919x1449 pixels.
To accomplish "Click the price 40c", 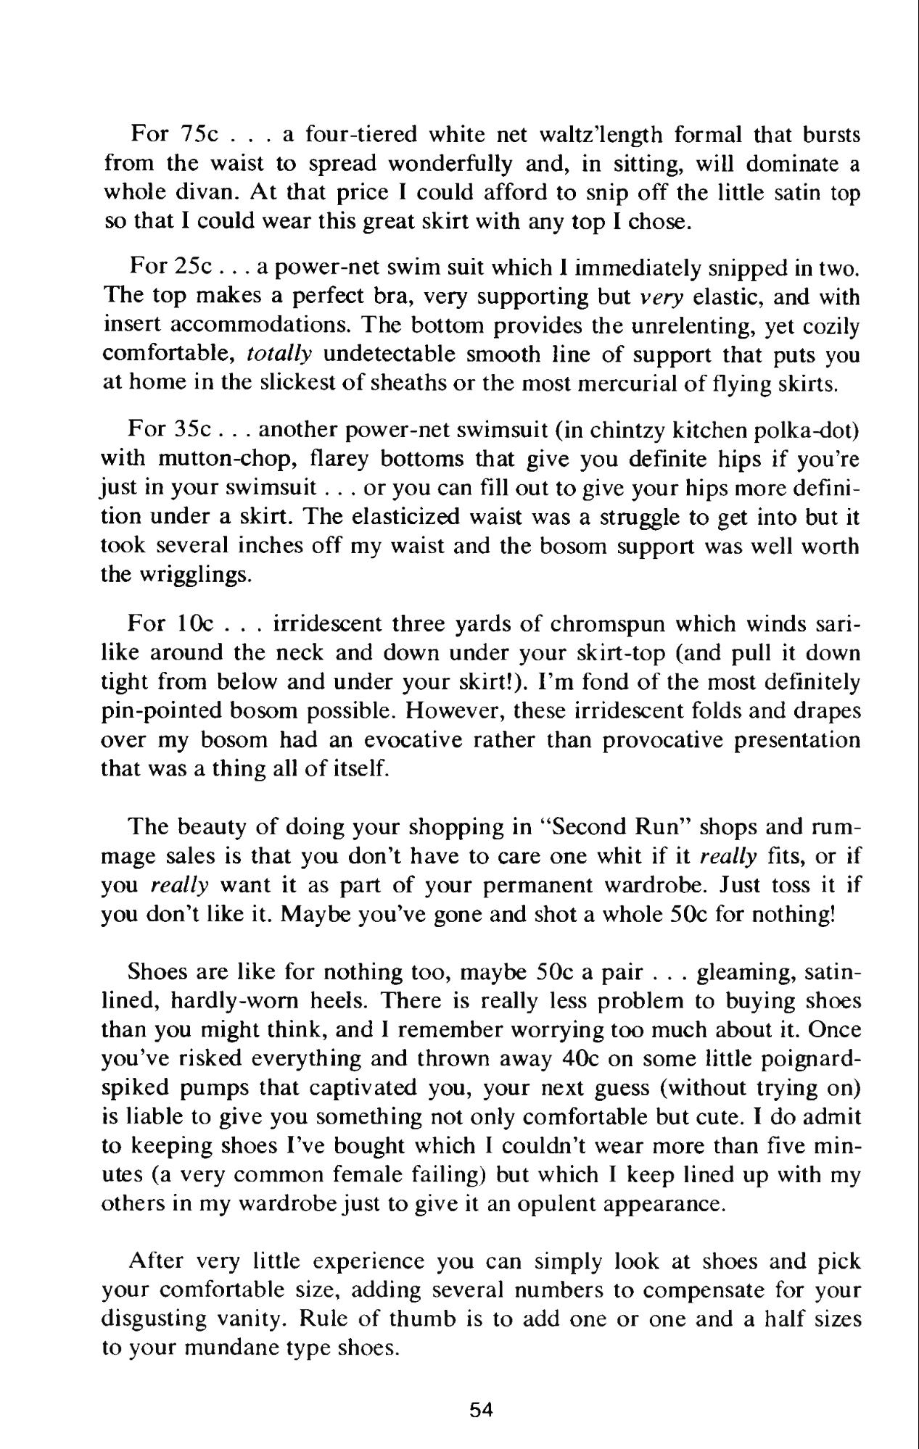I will point(579,1059).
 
